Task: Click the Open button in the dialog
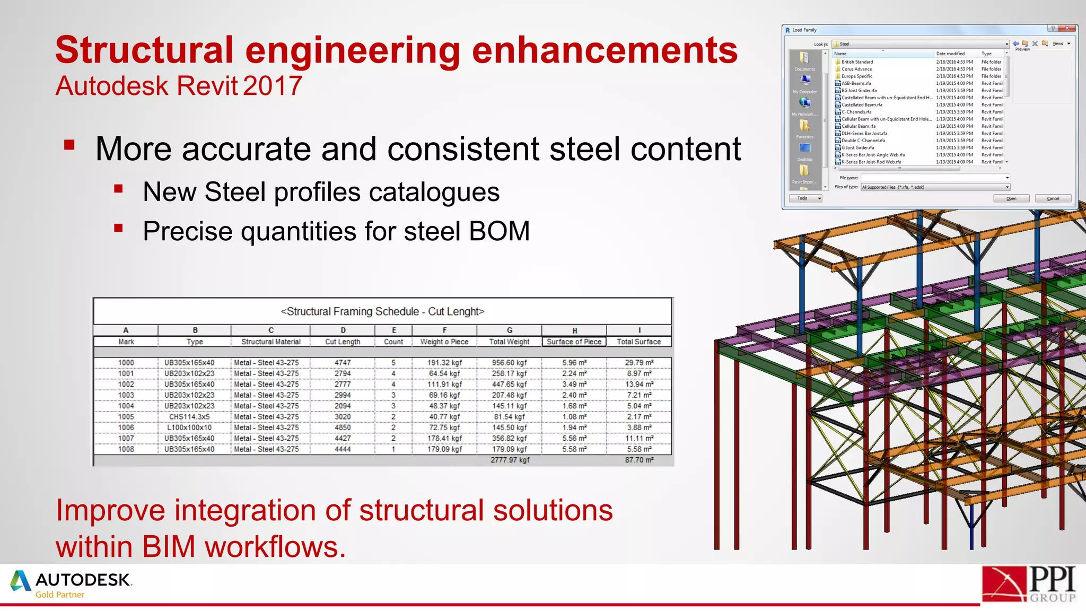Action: coord(1011,198)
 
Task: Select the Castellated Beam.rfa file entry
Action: coord(862,105)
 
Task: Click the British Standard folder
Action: coord(857,62)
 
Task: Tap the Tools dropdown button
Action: coord(805,198)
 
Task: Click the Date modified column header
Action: coord(950,54)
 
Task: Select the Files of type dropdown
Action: coord(935,187)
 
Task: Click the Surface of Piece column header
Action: coord(574,342)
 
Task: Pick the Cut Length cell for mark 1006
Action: coord(343,427)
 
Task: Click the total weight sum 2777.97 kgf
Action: coord(510,460)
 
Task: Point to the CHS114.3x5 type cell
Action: coord(189,417)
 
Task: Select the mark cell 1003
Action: coord(126,395)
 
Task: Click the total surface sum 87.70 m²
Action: coord(639,460)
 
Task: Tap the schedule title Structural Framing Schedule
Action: coord(382,312)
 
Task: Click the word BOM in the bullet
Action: coord(499,232)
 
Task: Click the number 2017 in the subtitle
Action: coord(273,86)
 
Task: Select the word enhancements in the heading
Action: coord(605,50)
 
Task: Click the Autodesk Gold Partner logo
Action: coord(72,584)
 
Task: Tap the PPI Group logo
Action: coord(1029,584)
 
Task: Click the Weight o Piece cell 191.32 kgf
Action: coord(444,363)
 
